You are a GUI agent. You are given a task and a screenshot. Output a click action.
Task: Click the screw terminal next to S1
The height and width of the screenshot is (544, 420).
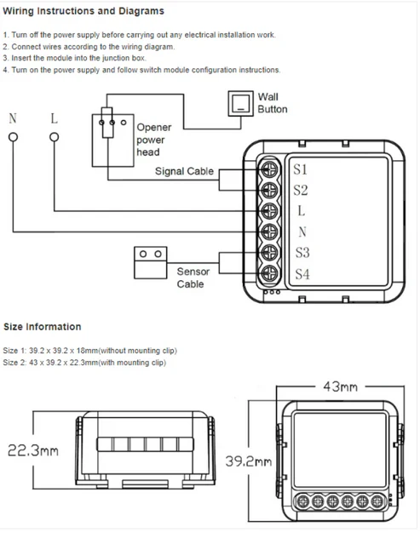click(x=270, y=169)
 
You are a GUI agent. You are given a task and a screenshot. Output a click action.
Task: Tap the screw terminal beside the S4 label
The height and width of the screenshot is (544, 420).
click(x=270, y=274)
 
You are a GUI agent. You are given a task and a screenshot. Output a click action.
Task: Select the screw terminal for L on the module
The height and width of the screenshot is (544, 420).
click(x=270, y=211)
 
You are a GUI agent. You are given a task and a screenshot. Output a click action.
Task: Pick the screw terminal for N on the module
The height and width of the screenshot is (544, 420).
click(x=270, y=232)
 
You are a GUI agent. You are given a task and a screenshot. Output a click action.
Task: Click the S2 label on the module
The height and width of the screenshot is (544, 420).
click(x=301, y=190)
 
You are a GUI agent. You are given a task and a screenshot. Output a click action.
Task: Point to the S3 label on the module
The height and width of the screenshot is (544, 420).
click(x=302, y=253)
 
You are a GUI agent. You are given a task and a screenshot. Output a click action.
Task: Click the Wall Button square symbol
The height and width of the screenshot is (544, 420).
click(x=240, y=103)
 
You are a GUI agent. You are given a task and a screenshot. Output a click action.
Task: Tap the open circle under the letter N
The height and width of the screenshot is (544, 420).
click(x=13, y=137)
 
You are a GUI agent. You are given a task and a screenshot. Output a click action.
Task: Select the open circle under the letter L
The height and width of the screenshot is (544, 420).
click(x=55, y=137)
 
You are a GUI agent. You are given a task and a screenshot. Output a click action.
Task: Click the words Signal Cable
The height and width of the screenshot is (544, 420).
click(x=184, y=171)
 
